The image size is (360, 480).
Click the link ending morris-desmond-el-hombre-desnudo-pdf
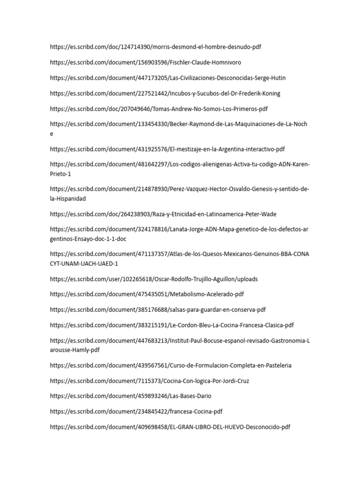[155, 47]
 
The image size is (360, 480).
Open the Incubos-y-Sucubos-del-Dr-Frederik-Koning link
[165, 93]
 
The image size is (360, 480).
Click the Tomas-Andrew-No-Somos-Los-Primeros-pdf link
[158, 109]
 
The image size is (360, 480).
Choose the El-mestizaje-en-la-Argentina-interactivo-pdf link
[167, 149]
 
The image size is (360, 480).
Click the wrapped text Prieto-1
[60, 174]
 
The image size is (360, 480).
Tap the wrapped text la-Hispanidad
[67, 199]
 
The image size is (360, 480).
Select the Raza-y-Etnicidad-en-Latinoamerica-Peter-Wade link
[163, 214]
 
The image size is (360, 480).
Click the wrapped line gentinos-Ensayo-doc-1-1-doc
[88, 239]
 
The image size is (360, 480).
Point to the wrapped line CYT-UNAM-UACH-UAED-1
[84, 263]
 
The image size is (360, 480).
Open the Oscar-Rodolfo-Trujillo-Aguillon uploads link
[154, 279]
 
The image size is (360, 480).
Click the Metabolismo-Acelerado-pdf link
[147, 294]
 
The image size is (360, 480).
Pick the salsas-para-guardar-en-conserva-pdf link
[157, 310]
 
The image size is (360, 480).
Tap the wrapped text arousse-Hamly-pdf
[75, 350]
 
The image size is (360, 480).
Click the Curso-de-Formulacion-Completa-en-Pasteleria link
[173, 365]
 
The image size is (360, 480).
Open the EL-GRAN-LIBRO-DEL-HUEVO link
[170, 427]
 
